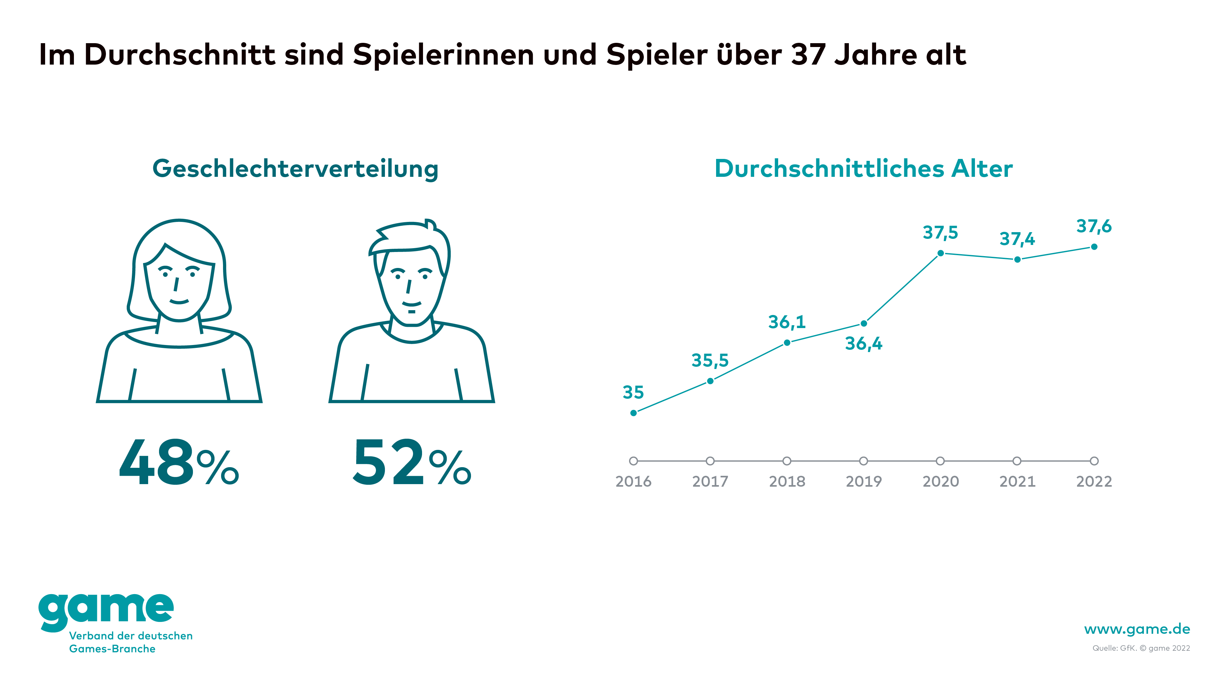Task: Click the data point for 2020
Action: [x=940, y=253]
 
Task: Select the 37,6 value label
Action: [x=1094, y=226]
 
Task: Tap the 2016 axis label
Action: [x=633, y=482]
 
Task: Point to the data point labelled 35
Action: [x=634, y=413]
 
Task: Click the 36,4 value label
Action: [x=864, y=344]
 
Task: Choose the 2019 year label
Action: [x=864, y=482]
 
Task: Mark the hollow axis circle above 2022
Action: [x=1094, y=461]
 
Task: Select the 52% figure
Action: [x=411, y=463]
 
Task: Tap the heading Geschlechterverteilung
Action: [x=295, y=169]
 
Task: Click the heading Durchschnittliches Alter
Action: [x=864, y=169]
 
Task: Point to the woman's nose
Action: [x=176, y=285]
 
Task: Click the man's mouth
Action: [x=411, y=304]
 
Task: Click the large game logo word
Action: [x=106, y=610]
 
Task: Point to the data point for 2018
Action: [x=787, y=342]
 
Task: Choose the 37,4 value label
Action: [x=1017, y=239]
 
